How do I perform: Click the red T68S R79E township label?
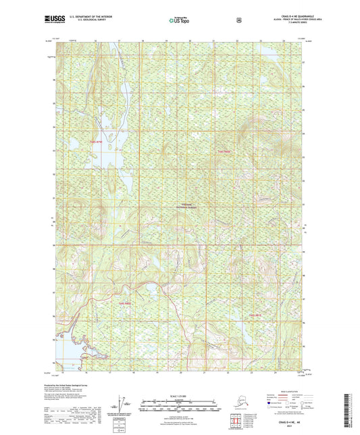click(97, 142)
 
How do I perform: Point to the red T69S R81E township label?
click(253, 315)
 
